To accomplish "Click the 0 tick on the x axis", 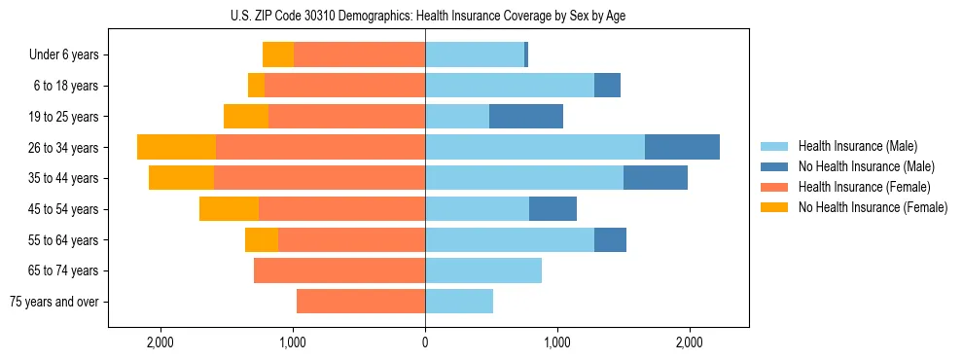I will click(x=425, y=342).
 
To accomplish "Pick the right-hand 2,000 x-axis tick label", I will click(x=689, y=342).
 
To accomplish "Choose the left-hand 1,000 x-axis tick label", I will click(x=293, y=342).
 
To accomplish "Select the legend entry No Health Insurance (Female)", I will click(x=873, y=207).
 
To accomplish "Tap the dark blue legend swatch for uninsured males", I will click(x=774, y=166).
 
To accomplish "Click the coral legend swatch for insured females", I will click(x=774, y=187).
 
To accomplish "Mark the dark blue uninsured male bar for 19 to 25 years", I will click(x=526, y=117).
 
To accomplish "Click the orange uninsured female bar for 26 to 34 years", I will click(x=176, y=147).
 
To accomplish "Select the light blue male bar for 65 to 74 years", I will click(x=483, y=270).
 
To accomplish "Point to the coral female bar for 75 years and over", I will click(x=361, y=302).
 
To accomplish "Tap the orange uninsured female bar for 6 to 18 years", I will click(x=256, y=86).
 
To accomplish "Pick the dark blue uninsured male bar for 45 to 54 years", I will click(x=553, y=209).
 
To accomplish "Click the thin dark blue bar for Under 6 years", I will click(x=526, y=54).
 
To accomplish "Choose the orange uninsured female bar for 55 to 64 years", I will click(x=262, y=239).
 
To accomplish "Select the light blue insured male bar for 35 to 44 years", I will click(x=524, y=178).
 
